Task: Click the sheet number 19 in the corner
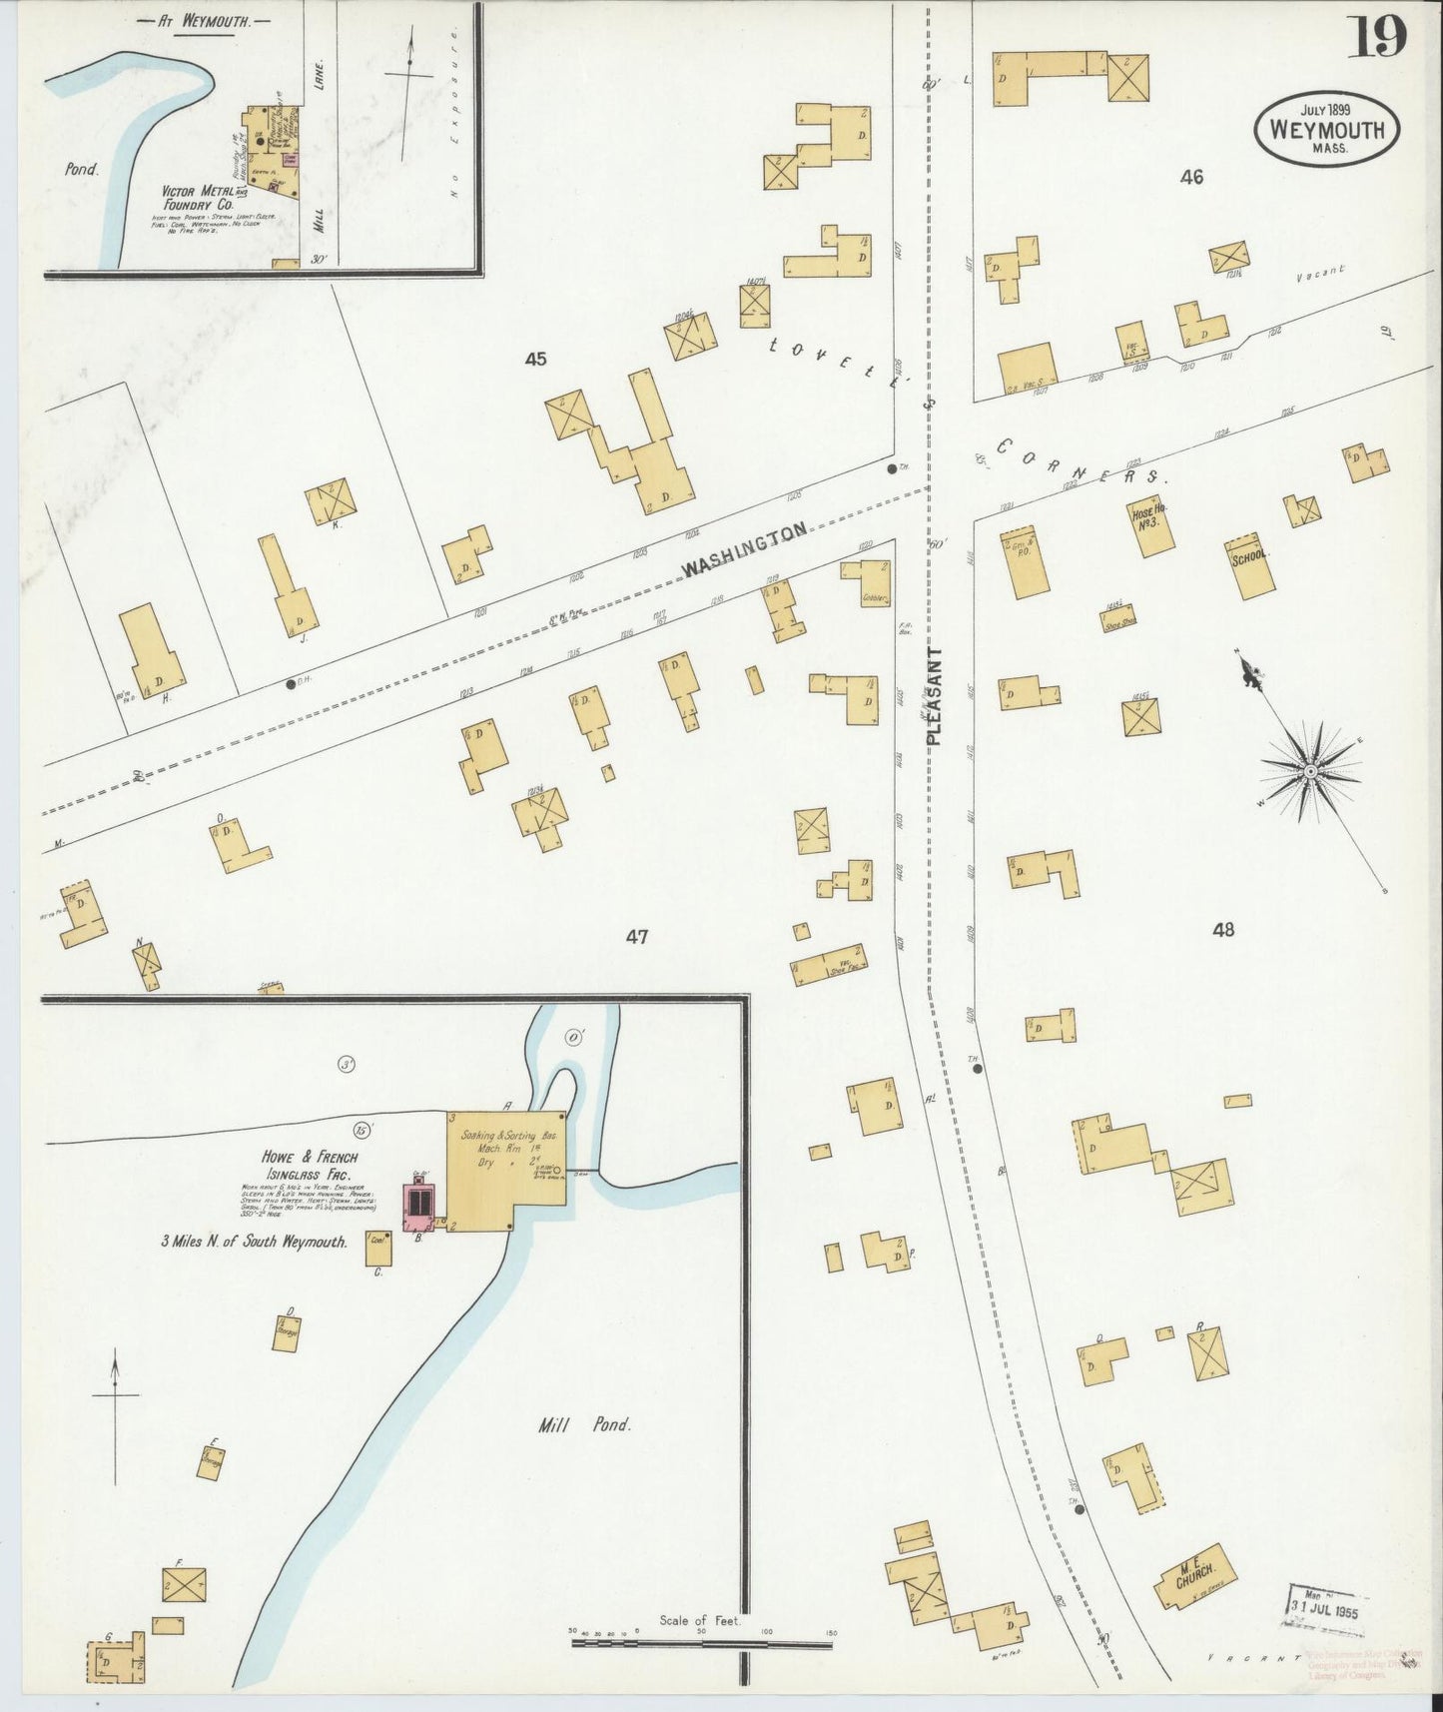[1380, 37]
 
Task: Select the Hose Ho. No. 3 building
[1151, 526]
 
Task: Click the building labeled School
[1250, 567]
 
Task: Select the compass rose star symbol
[1308, 772]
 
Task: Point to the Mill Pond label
[584, 1425]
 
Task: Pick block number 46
[1191, 178]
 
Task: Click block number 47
[637, 937]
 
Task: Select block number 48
[1223, 929]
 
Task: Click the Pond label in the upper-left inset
[82, 169]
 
